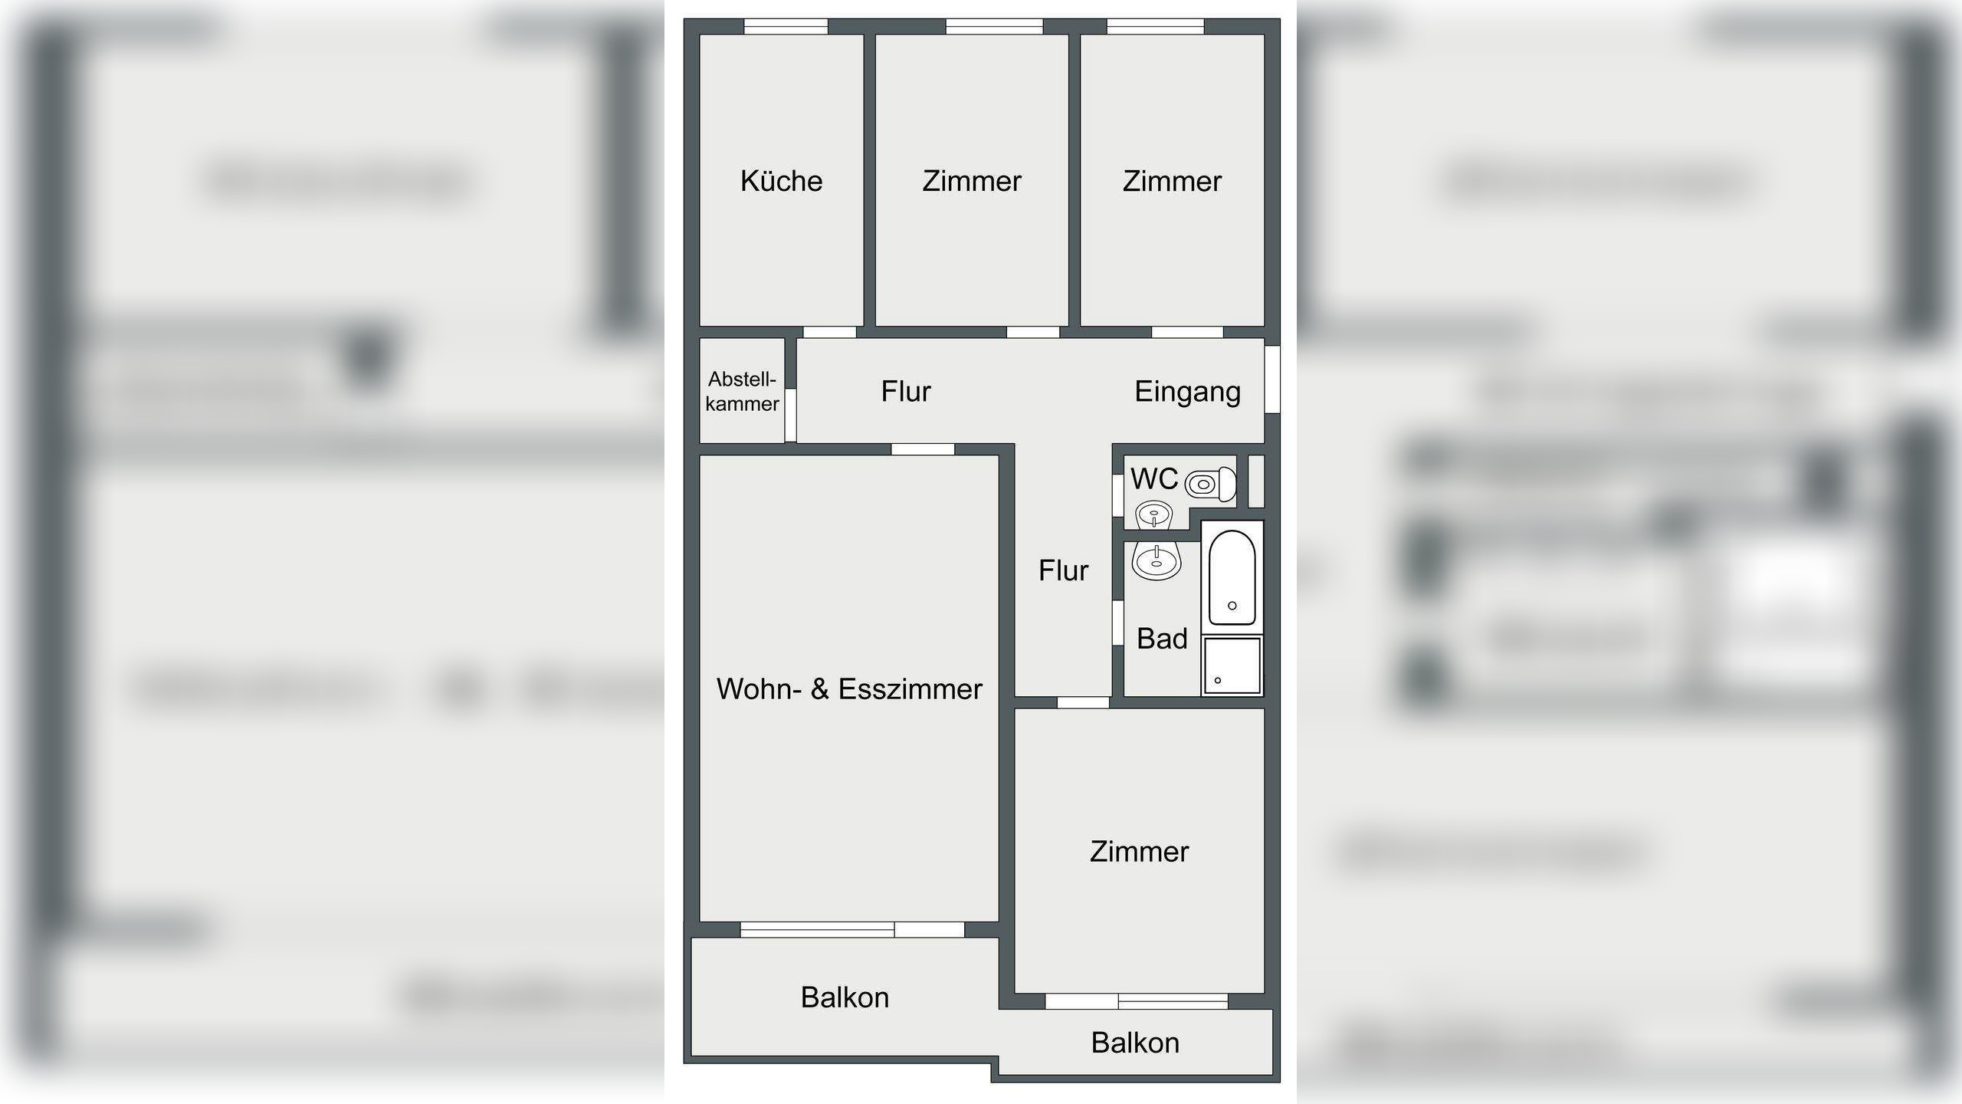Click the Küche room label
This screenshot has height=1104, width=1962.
point(781,182)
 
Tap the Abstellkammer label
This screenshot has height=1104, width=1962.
point(742,391)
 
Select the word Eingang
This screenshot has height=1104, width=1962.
point(1187,392)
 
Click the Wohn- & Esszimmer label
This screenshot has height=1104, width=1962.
point(849,689)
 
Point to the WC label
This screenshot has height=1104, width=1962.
point(1153,479)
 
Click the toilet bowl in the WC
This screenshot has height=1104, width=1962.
point(1209,485)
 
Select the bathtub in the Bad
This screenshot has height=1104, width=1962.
point(1232,577)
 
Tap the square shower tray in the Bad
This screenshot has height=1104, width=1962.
point(1232,665)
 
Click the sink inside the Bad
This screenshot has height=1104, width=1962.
point(1156,562)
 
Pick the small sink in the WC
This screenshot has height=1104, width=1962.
point(1153,514)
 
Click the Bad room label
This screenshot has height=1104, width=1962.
point(1162,639)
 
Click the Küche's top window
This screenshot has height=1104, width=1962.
point(786,27)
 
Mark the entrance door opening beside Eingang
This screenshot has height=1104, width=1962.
point(1271,379)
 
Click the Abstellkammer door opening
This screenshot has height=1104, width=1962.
point(791,415)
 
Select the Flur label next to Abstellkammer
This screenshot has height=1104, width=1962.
point(905,392)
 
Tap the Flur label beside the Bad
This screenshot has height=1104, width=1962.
point(1063,570)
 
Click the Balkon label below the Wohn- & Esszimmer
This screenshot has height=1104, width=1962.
point(845,997)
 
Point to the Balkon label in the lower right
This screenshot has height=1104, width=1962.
point(1134,1043)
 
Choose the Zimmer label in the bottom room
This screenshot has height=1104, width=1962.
point(1139,852)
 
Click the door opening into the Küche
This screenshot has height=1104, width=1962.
point(828,332)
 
